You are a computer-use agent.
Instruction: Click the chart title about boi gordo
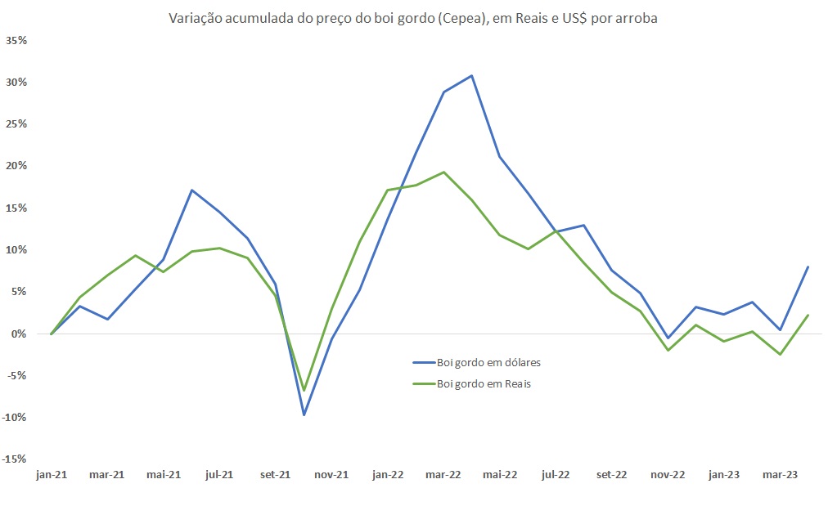point(413,18)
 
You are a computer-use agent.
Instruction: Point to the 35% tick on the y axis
point(17,40)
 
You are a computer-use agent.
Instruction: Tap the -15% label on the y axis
point(16,459)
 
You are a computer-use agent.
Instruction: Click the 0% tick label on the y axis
point(20,334)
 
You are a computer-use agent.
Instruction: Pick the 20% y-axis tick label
point(17,166)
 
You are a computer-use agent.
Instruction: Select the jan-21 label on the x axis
point(51,474)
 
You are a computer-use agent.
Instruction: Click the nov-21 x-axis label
point(331,474)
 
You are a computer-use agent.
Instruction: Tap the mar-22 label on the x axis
point(443,474)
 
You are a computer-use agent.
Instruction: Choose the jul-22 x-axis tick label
point(556,474)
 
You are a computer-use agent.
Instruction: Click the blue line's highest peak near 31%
point(472,76)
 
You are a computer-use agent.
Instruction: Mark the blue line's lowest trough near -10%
point(304,414)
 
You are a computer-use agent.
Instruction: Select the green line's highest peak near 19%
point(443,172)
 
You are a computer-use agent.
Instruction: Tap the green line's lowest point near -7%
point(304,390)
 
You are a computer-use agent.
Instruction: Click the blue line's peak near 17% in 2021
point(191,190)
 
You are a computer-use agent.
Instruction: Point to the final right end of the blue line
point(808,266)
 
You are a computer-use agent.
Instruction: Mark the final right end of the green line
point(808,316)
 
